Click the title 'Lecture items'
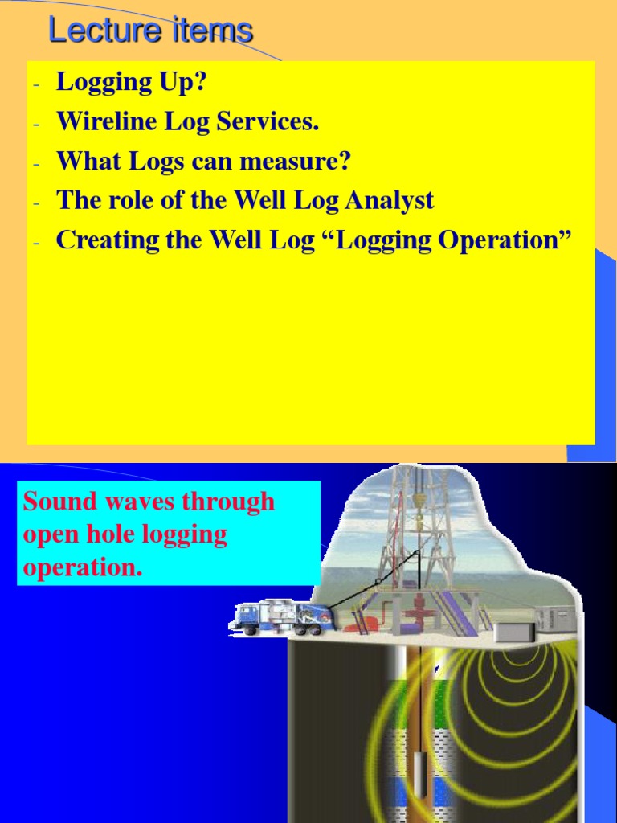tap(150, 31)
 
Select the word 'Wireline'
tap(101, 122)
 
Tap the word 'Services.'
tap(276, 122)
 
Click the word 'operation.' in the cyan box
tap(83, 567)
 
